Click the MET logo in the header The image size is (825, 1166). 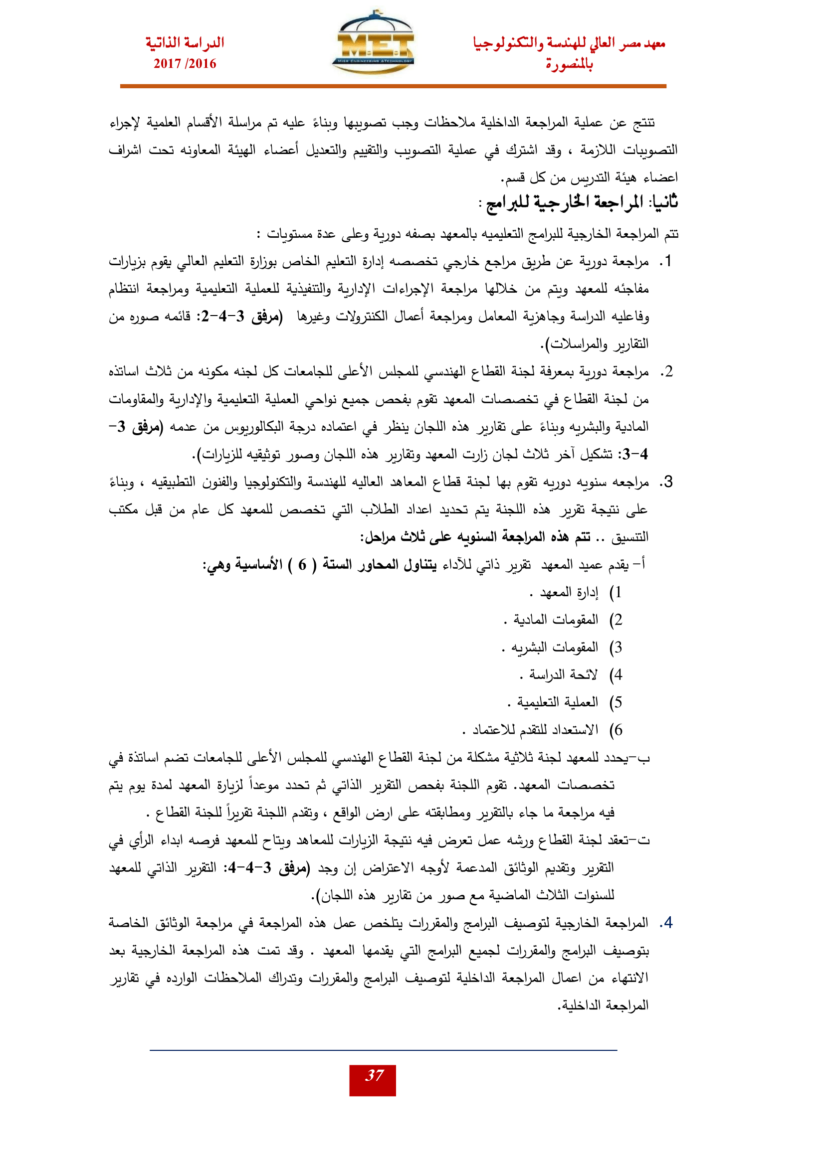pos(375,44)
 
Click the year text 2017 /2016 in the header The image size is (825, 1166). pos(185,64)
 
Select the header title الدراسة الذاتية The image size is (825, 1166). pos(185,43)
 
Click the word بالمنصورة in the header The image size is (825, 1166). pos(569,65)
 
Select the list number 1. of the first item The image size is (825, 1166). pos(665,262)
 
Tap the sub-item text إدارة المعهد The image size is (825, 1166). pos(569,593)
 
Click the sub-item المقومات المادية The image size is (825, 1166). pos(556,620)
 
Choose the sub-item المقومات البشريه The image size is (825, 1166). pos(554,648)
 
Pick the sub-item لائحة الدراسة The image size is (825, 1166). pos(563,675)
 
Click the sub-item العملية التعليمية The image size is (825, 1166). pos(557,702)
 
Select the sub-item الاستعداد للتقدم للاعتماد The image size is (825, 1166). pos(535,730)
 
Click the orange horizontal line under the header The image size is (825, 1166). pos(393,86)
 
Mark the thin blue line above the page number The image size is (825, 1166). pos(383,1050)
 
